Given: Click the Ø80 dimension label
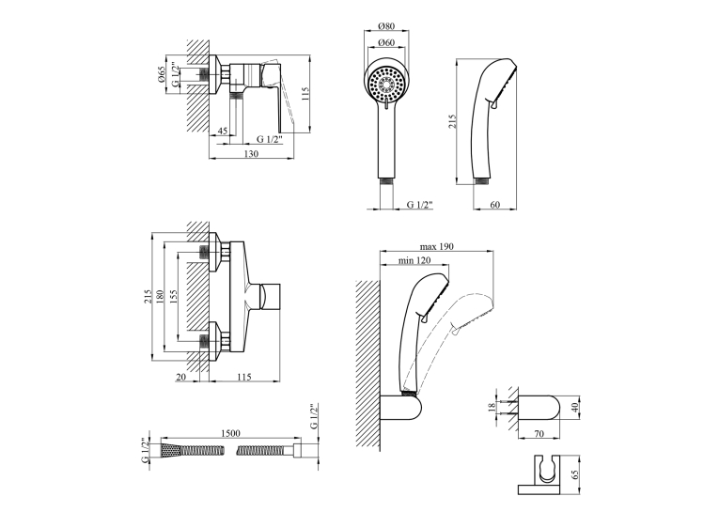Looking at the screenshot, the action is (386, 26).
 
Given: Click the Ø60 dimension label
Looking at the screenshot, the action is (386, 42).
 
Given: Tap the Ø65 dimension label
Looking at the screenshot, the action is (161, 75).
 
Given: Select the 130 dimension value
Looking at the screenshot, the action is (251, 153).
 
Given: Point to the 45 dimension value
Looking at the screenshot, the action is (223, 132).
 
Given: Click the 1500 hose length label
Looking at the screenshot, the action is (230, 433).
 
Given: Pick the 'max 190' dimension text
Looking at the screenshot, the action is (436, 246).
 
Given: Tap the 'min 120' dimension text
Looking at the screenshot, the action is (414, 260).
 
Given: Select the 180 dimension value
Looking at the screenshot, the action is (159, 298).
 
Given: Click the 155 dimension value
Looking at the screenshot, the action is (173, 298).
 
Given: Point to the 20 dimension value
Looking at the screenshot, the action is (181, 377).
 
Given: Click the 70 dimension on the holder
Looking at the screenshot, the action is (539, 433).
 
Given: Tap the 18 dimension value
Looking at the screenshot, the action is (492, 408).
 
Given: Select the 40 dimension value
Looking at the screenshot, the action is (576, 407).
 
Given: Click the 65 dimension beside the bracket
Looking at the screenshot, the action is (576, 474).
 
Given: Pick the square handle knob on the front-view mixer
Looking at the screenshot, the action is (270, 297).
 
